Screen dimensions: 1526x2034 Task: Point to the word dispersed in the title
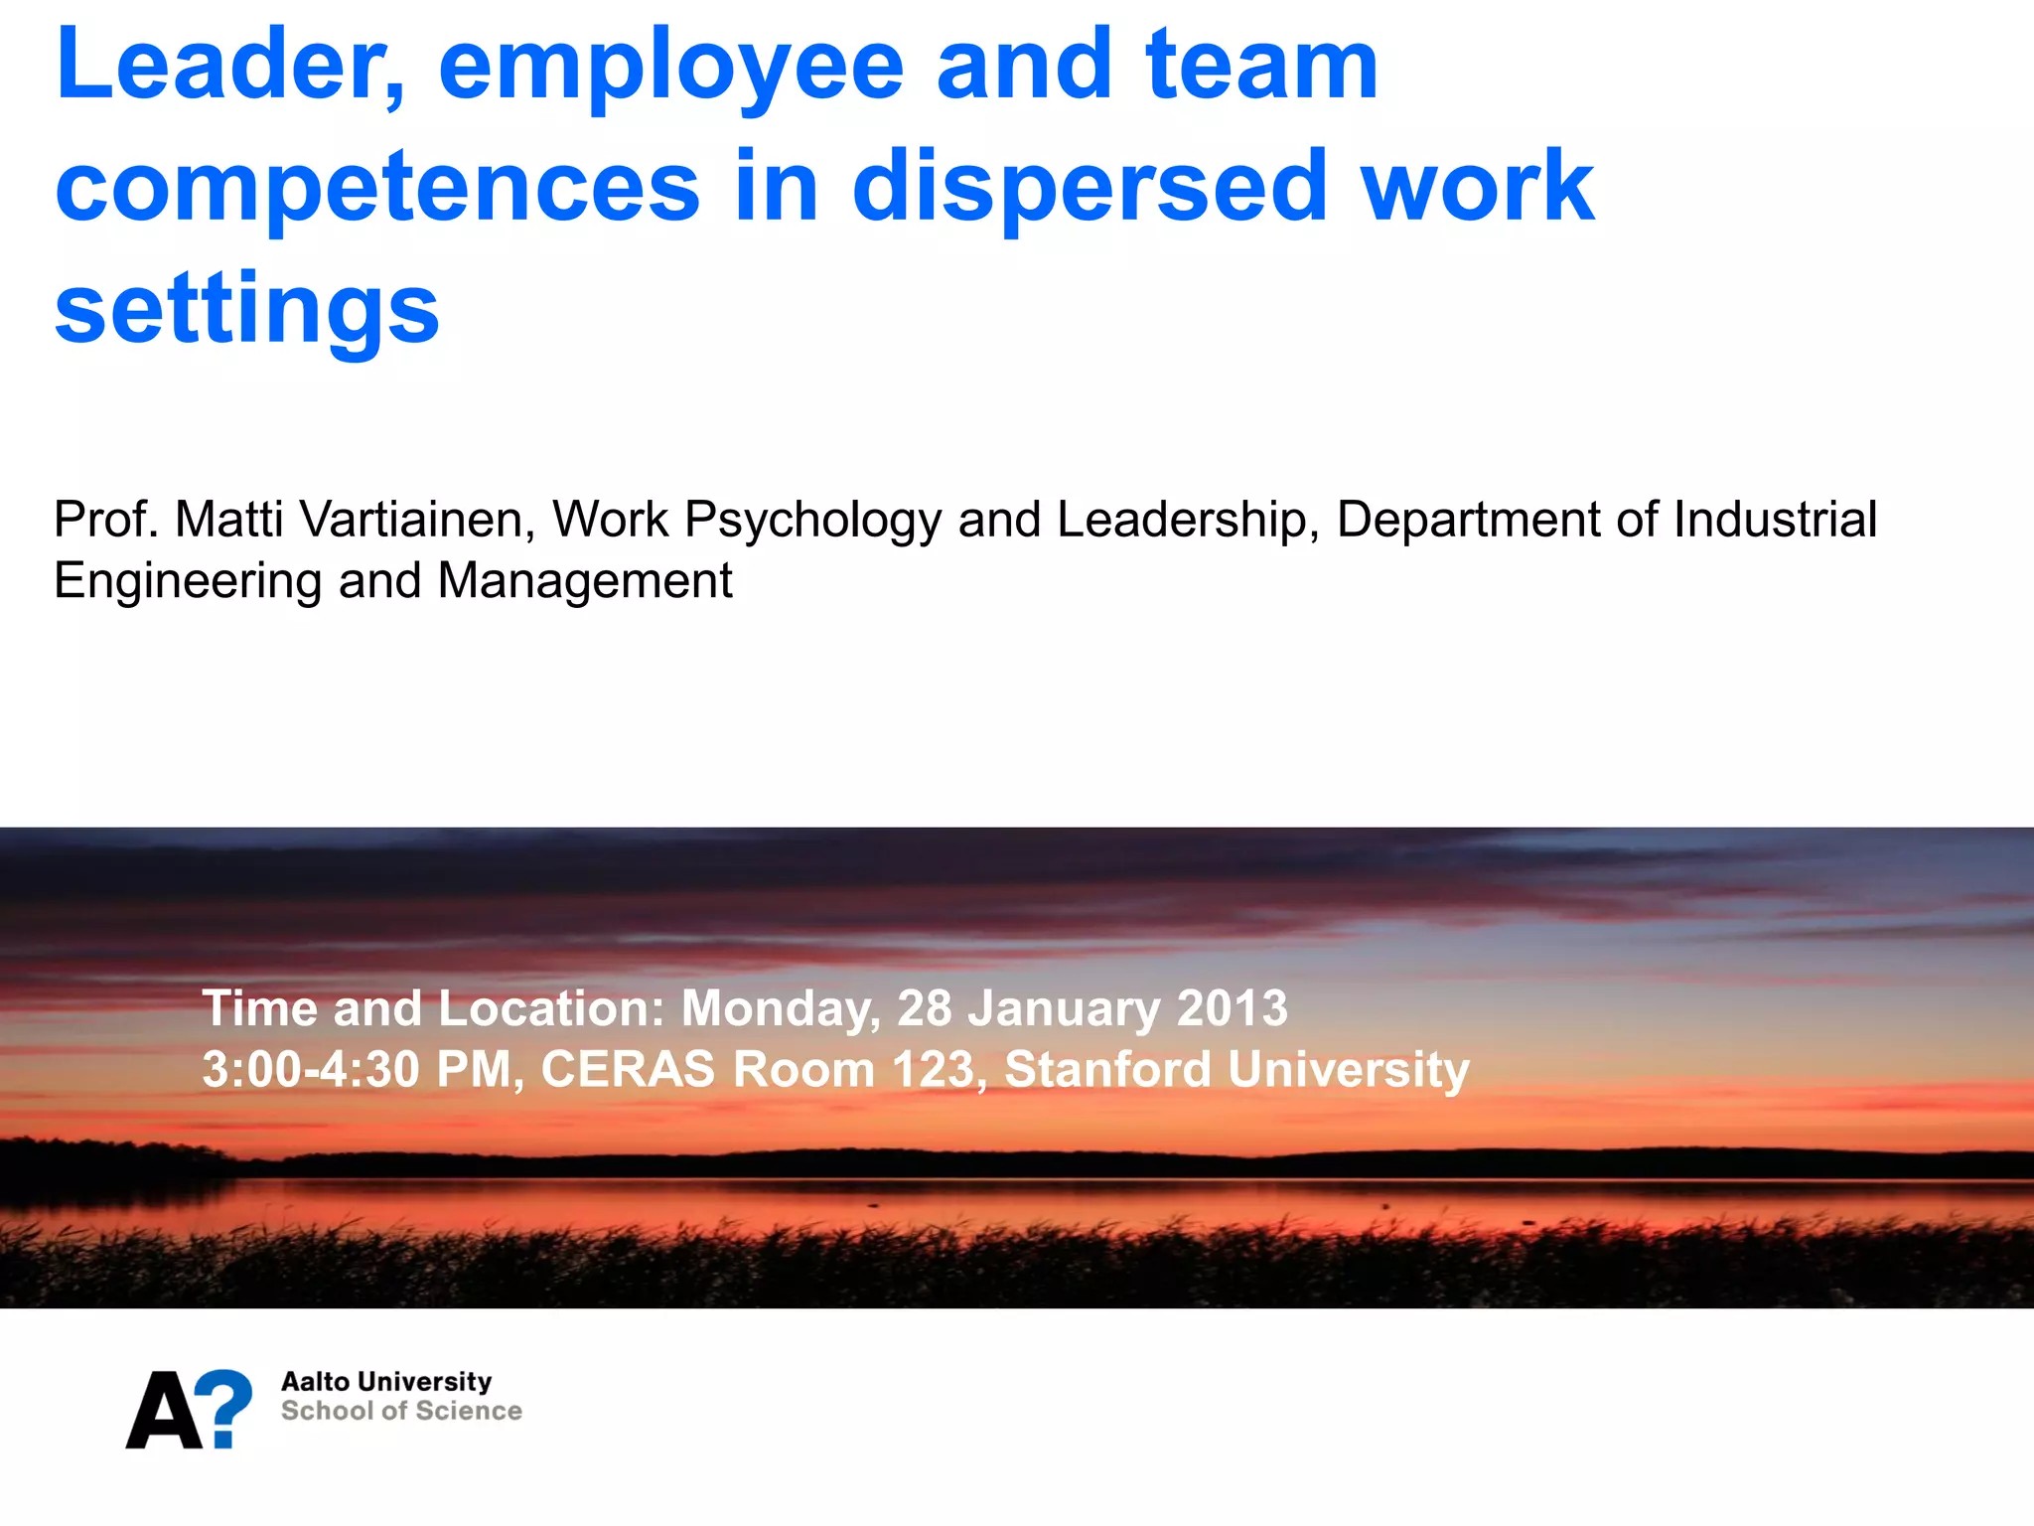[1090, 187]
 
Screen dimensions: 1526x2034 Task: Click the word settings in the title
[246, 310]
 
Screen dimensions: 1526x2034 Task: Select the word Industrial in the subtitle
[1775, 520]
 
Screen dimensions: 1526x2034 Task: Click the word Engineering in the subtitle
[188, 582]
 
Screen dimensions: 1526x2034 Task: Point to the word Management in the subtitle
[584, 581]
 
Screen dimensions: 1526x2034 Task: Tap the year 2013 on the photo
[1232, 1008]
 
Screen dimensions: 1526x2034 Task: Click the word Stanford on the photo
[1107, 1070]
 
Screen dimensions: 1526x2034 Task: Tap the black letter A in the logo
[164, 1412]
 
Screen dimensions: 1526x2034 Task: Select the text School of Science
[401, 1412]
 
